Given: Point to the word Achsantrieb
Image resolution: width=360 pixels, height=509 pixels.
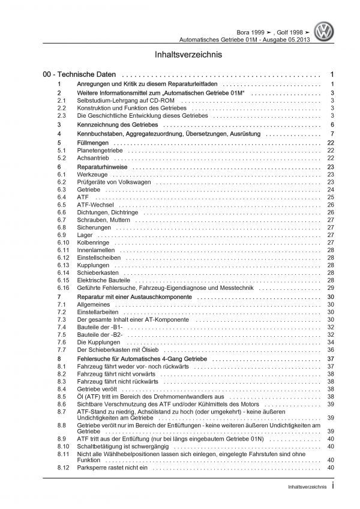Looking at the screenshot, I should coord(90,158).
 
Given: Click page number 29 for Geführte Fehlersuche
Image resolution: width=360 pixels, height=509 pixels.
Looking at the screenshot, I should coord(331,288).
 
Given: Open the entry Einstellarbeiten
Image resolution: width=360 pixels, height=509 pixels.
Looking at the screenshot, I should coord(97,313).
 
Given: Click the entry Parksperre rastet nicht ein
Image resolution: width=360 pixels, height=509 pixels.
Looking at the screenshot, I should coord(113,468).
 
